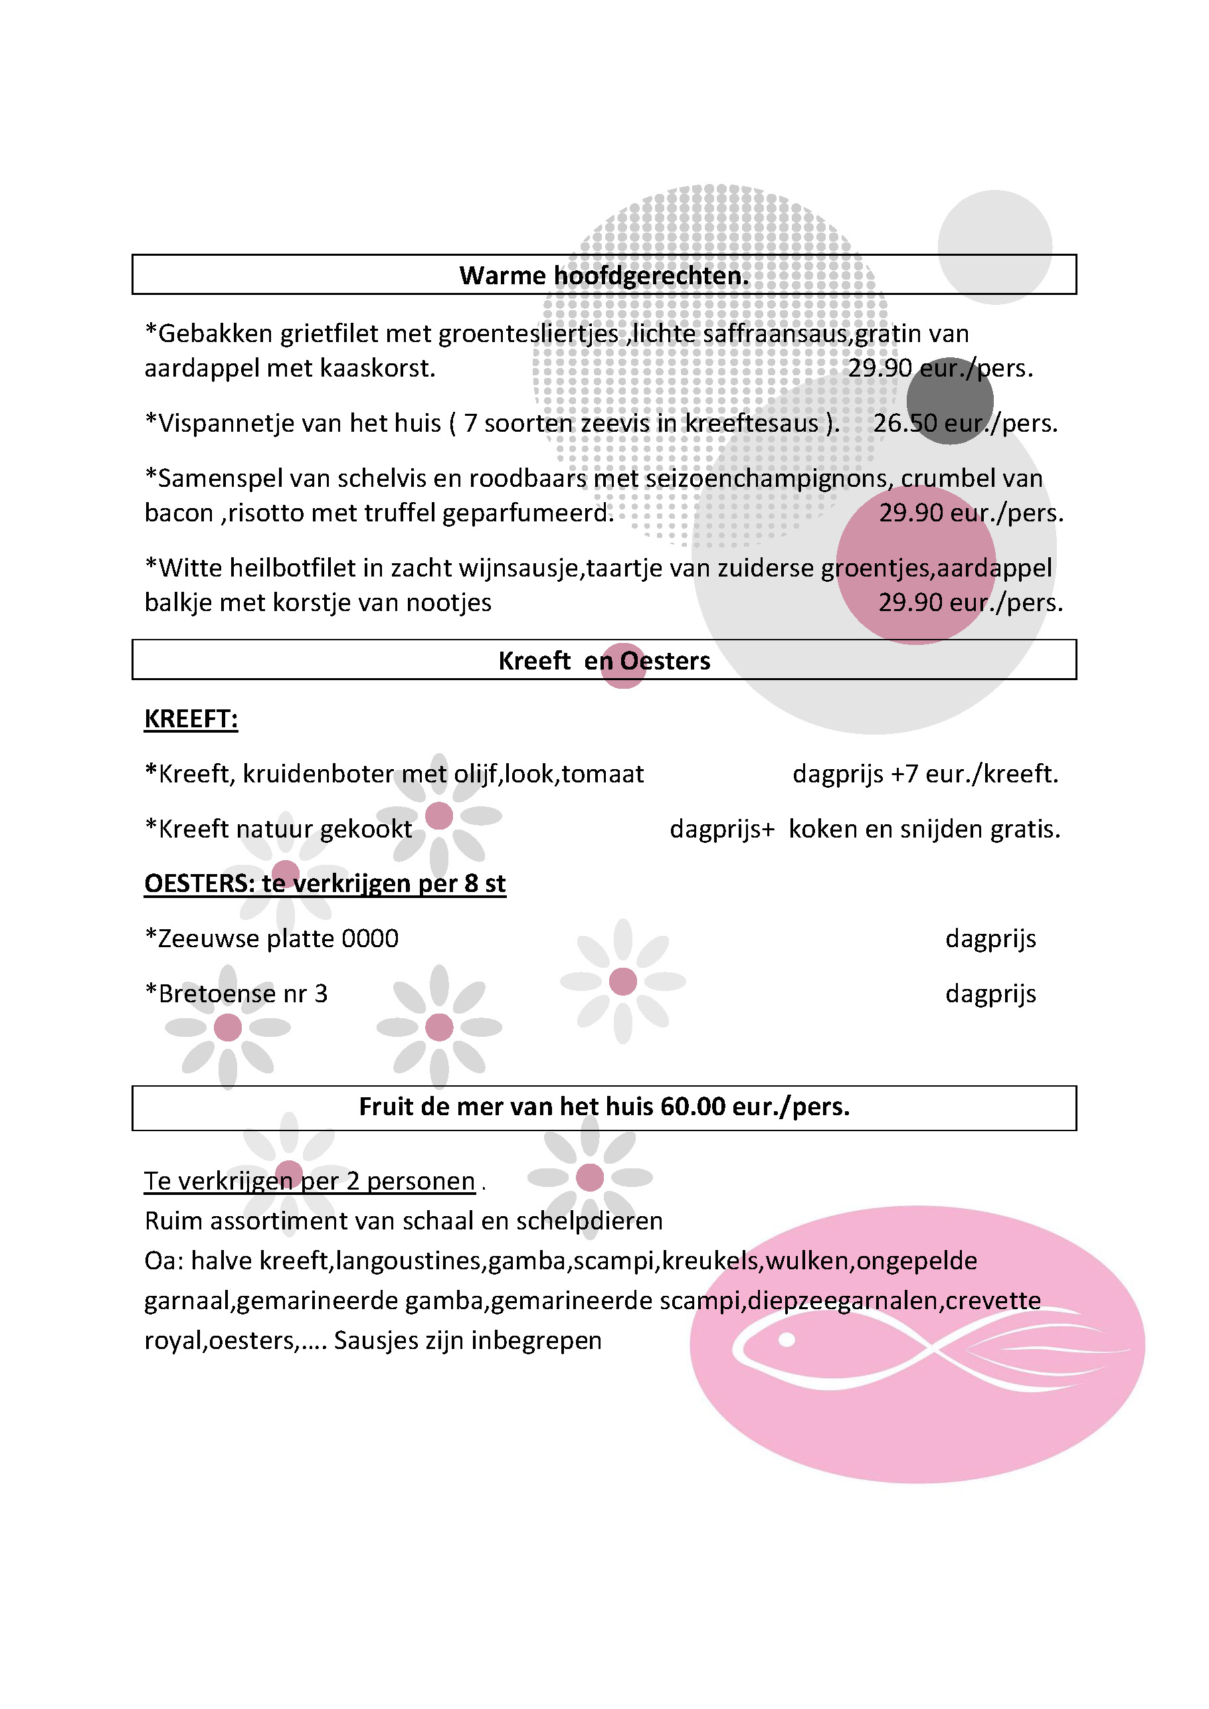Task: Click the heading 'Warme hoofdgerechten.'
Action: click(x=604, y=276)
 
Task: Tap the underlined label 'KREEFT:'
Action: click(x=191, y=719)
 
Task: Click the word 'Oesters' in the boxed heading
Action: click(x=665, y=661)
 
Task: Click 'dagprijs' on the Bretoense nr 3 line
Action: click(x=990, y=994)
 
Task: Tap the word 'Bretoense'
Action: click(x=218, y=994)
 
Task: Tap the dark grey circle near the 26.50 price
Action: click(x=950, y=401)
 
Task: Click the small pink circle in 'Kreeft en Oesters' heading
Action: click(x=623, y=666)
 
